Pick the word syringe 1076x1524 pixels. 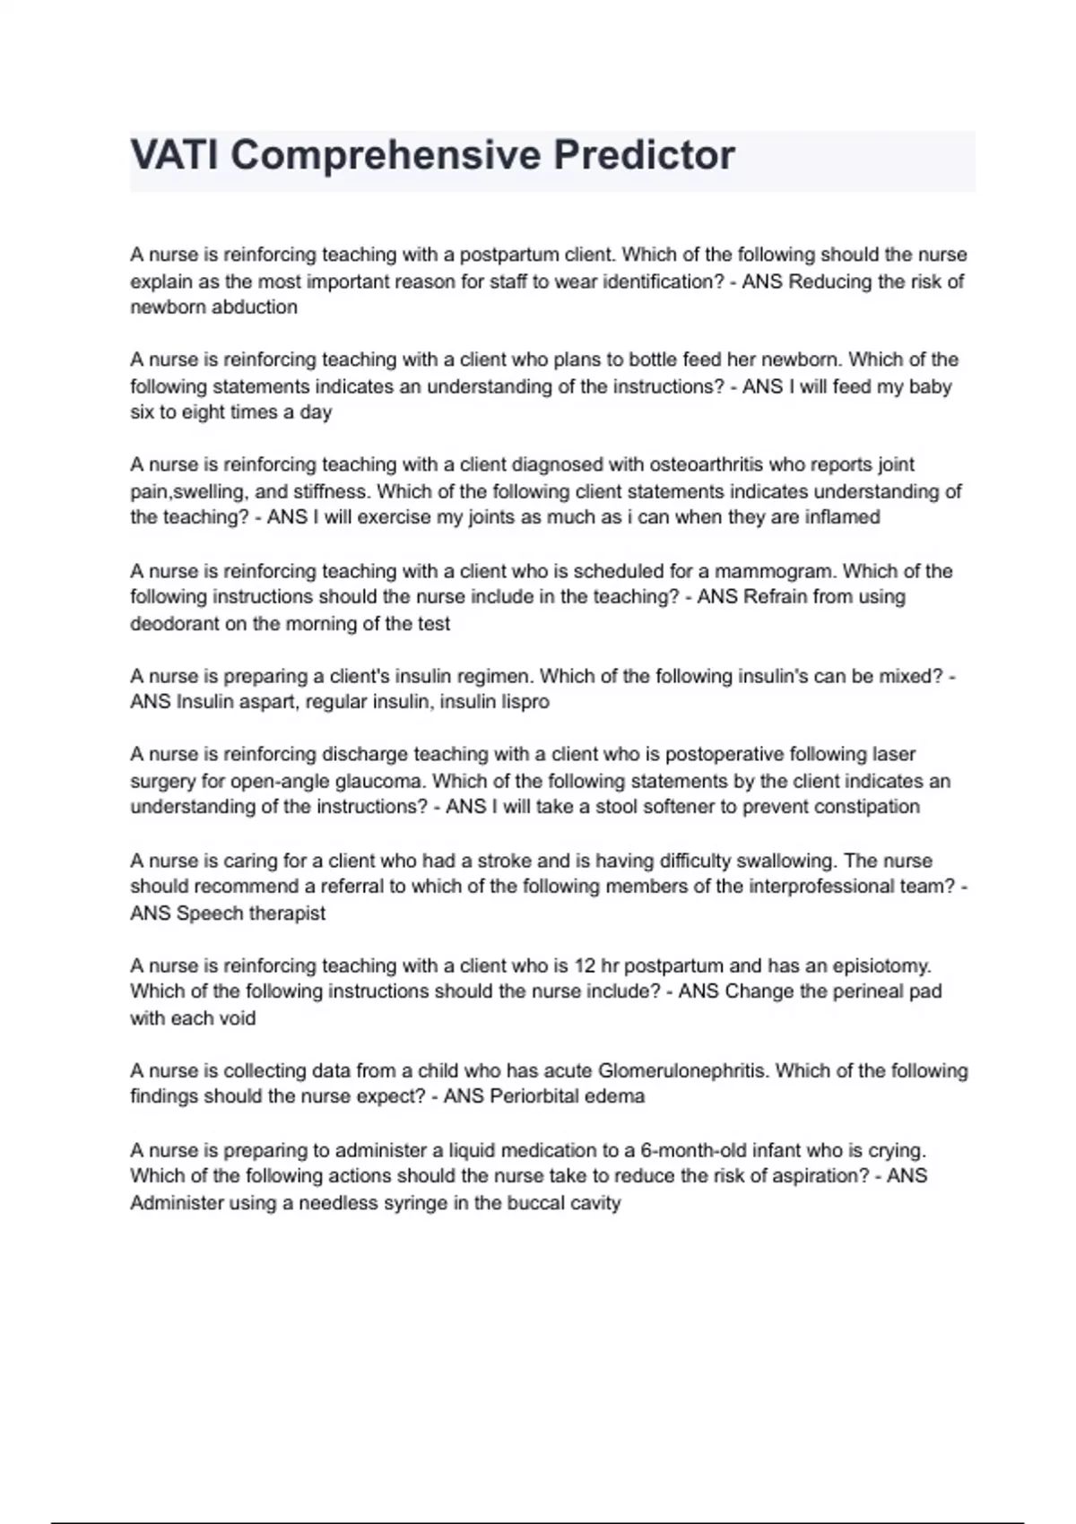pyautogui.click(x=415, y=1203)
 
